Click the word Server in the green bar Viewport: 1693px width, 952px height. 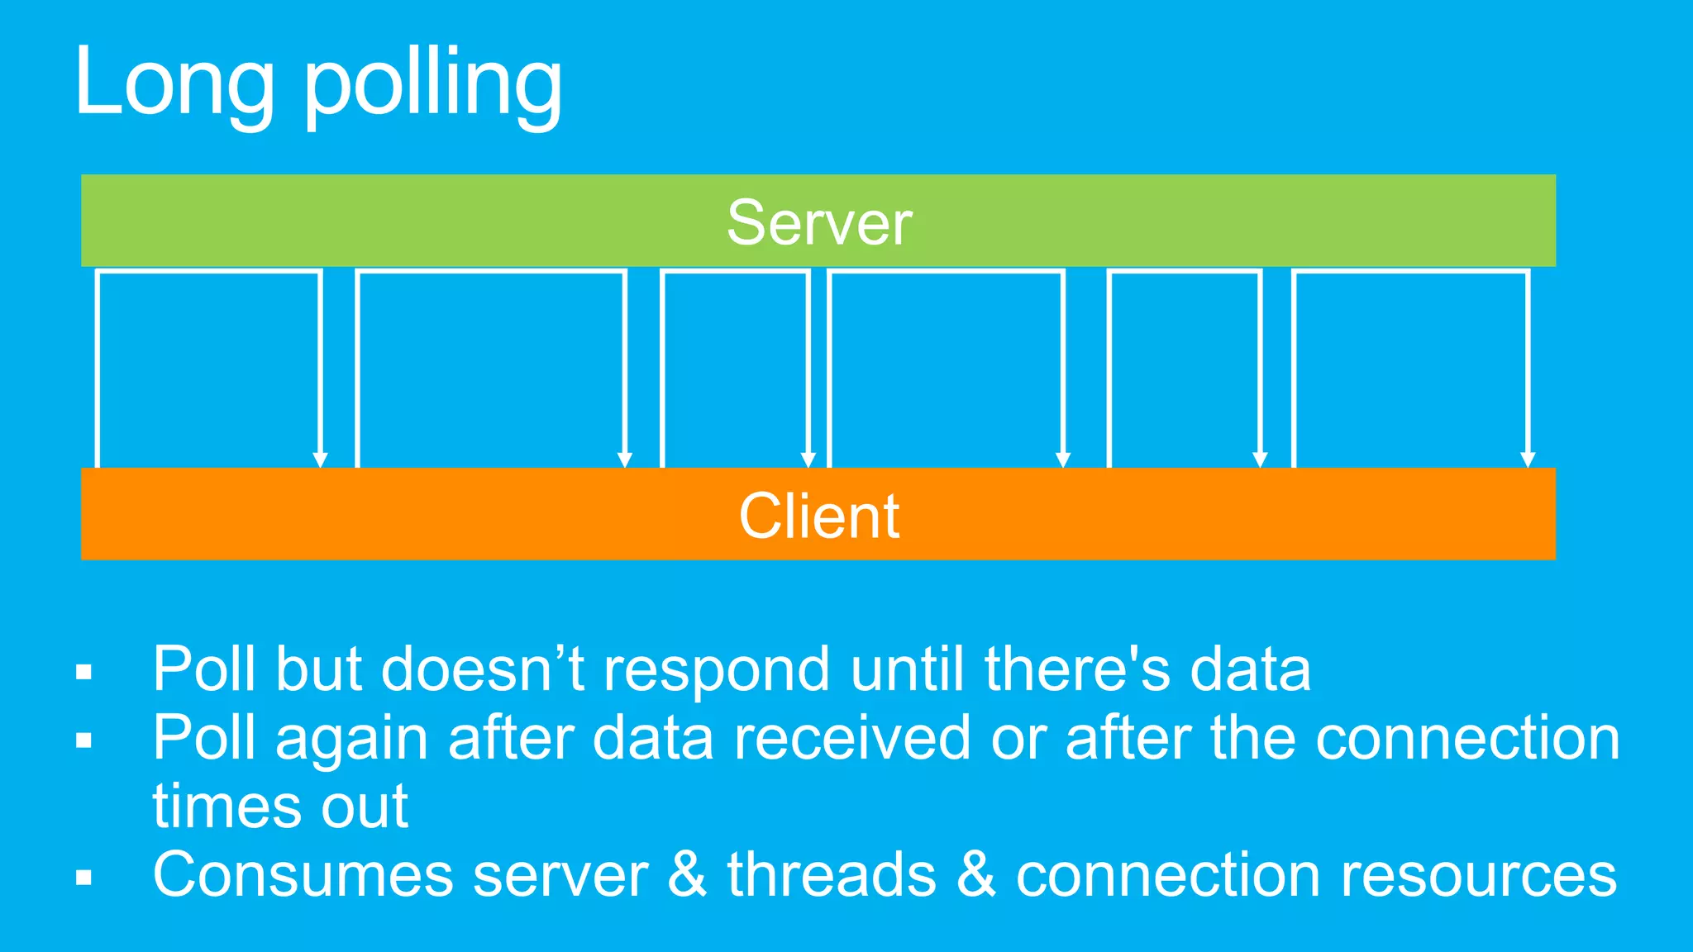tap(819, 223)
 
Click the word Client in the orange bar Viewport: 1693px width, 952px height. tap(819, 516)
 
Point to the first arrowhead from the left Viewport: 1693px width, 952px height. tap(320, 459)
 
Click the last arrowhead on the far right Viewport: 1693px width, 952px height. tap(1528, 459)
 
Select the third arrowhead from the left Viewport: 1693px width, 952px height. tap(808, 459)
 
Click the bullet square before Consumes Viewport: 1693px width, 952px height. tap(83, 878)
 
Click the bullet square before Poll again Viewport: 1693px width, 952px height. tap(83, 740)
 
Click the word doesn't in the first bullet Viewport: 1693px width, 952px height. tap(483, 669)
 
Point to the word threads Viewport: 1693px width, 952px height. tap(831, 875)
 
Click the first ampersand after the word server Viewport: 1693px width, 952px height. tap(688, 875)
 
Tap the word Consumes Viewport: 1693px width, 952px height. tap(303, 875)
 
